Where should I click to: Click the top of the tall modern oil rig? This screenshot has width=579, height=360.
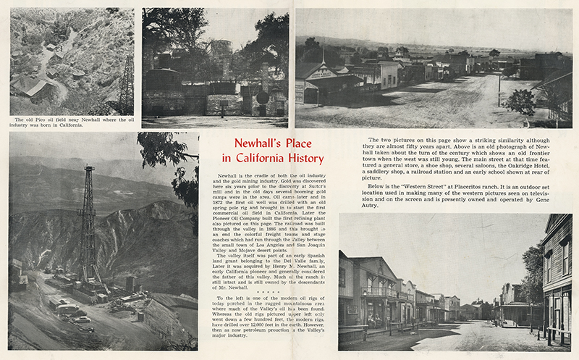tap(89, 169)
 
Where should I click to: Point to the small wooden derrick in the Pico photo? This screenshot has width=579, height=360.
tap(127, 83)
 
